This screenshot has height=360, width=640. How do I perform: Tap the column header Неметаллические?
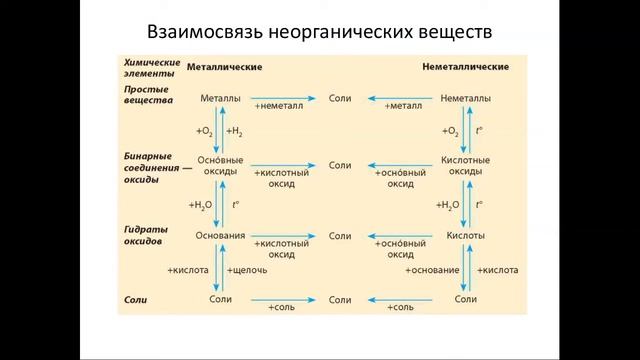pyautogui.click(x=466, y=67)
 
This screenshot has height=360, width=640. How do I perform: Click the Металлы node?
pyautogui.click(x=220, y=99)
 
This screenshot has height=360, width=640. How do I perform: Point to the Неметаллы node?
pyautogui.click(x=465, y=99)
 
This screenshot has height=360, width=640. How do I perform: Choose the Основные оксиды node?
pyautogui.click(x=220, y=165)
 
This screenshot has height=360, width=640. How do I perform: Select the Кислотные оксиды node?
pyautogui.click(x=465, y=165)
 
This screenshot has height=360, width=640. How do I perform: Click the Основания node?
pyautogui.click(x=220, y=236)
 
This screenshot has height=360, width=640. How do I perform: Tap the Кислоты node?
pyautogui.click(x=465, y=236)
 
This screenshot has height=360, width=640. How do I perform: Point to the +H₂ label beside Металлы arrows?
pyautogui.click(x=236, y=131)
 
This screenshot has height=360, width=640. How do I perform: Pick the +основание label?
pyautogui.click(x=432, y=270)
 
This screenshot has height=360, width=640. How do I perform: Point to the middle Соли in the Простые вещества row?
pyautogui.click(x=340, y=99)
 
